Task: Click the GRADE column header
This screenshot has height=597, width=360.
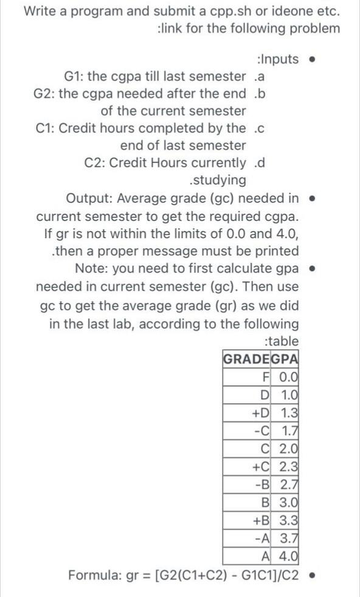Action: pyautogui.click(x=246, y=358)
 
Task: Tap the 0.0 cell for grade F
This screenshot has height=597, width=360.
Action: pyautogui.click(x=289, y=376)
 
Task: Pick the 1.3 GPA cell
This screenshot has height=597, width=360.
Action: pyautogui.click(x=289, y=412)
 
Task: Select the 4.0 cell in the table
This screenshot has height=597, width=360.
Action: pyautogui.click(x=289, y=556)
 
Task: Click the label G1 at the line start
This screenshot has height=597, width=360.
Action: pyautogui.click(x=75, y=77)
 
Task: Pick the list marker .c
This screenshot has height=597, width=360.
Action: pyautogui.click(x=260, y=128)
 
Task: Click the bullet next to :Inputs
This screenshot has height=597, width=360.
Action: pyautogui.click(x=312, y=60)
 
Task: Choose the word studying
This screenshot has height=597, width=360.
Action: pyautogui.click(x=218, y=180)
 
